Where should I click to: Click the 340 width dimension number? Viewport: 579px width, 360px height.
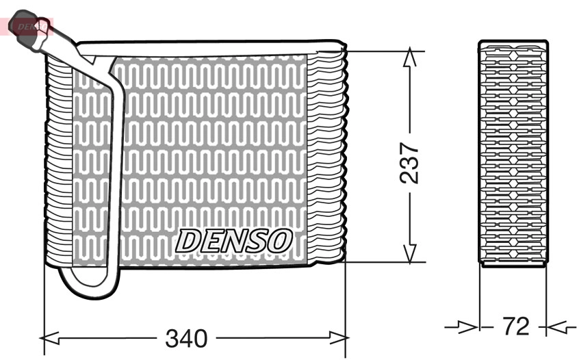click(x=186, y=338)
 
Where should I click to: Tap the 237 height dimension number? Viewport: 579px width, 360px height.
click(x=409, y=163)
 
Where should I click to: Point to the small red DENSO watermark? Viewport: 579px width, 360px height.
click(x=31, y=26)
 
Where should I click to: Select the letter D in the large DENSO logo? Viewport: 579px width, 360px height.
click(x=188, y=240)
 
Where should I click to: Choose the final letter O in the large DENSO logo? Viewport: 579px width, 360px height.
click(x=281, y=240)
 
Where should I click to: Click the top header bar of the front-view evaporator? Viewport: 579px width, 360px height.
click(x=205, y=47)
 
